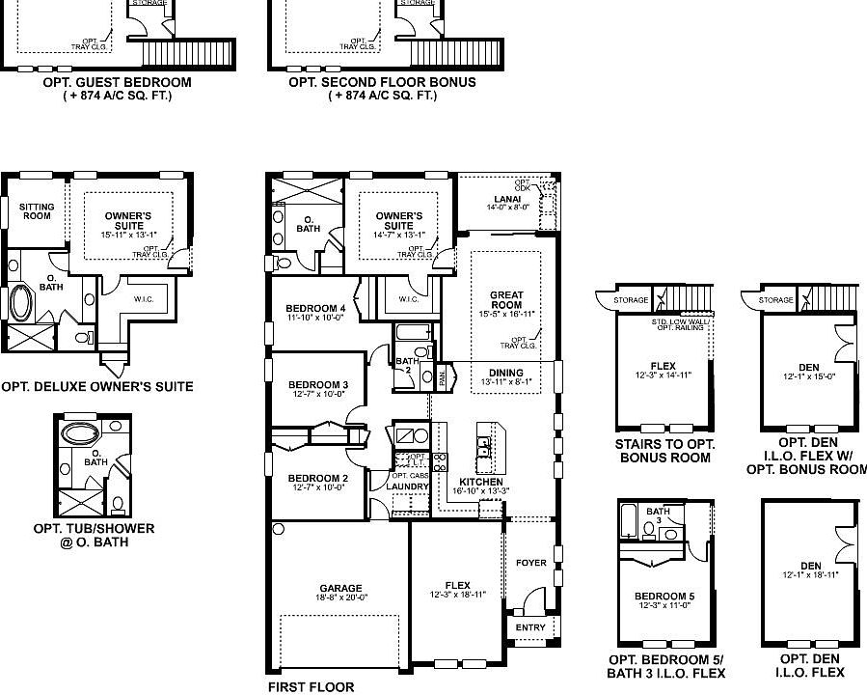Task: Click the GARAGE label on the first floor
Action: (340, 588)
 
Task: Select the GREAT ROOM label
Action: (506, 300)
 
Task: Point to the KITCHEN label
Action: (480, 482)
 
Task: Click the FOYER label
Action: (530, 563)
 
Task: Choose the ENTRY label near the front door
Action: (529, 627)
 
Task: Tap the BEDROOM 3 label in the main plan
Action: (317, 385)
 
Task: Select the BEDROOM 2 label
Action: (317, 479)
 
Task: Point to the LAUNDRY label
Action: (406, 486)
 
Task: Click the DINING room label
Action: (506, 374)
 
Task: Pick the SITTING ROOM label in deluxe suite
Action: (37, 210)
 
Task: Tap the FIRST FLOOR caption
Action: (311, 687)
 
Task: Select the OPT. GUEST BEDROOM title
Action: (117, 83)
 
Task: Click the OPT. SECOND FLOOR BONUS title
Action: (382, 83)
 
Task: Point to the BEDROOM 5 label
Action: (665, 597)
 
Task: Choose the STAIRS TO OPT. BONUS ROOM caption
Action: (664, 451)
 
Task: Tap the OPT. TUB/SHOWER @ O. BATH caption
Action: (94, 535)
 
